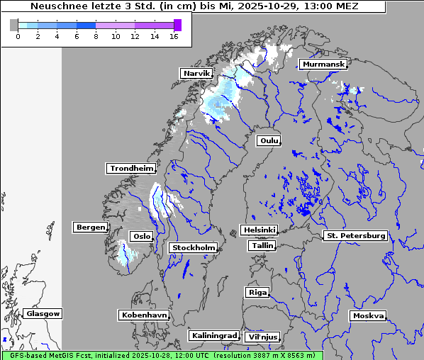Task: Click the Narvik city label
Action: [x=196, y=73]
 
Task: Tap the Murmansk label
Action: [x=323, y=64]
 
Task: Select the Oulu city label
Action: [x=269, y=140]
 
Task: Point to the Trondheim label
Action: [x=131, y=168]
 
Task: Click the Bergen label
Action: [x=89, y=227]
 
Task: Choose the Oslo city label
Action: [x=140, y=236]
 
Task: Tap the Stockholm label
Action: [x=193, y=247]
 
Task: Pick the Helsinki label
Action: [x=259, y=230]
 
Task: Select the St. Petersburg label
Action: [x=355, y=235]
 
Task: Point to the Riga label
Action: [x=257, y=292]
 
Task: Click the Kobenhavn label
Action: [x=144, y=315]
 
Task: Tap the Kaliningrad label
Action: [x=213, y=335]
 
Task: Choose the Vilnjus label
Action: [x=262, y=337]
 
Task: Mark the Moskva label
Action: [x=368, y=315]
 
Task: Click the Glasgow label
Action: [x=43, y=313]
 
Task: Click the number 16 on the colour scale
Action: [x=174, y=37]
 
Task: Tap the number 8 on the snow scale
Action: [x=96, y=37]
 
